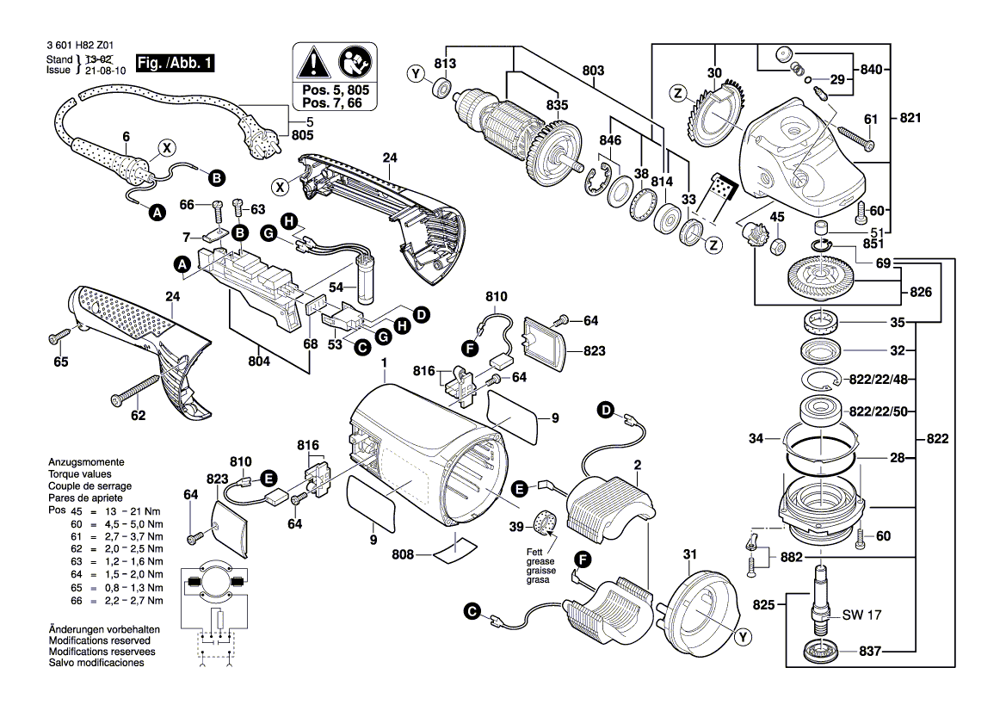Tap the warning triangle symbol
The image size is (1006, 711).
(312, 62)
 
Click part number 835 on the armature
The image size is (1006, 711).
(557, 106)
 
